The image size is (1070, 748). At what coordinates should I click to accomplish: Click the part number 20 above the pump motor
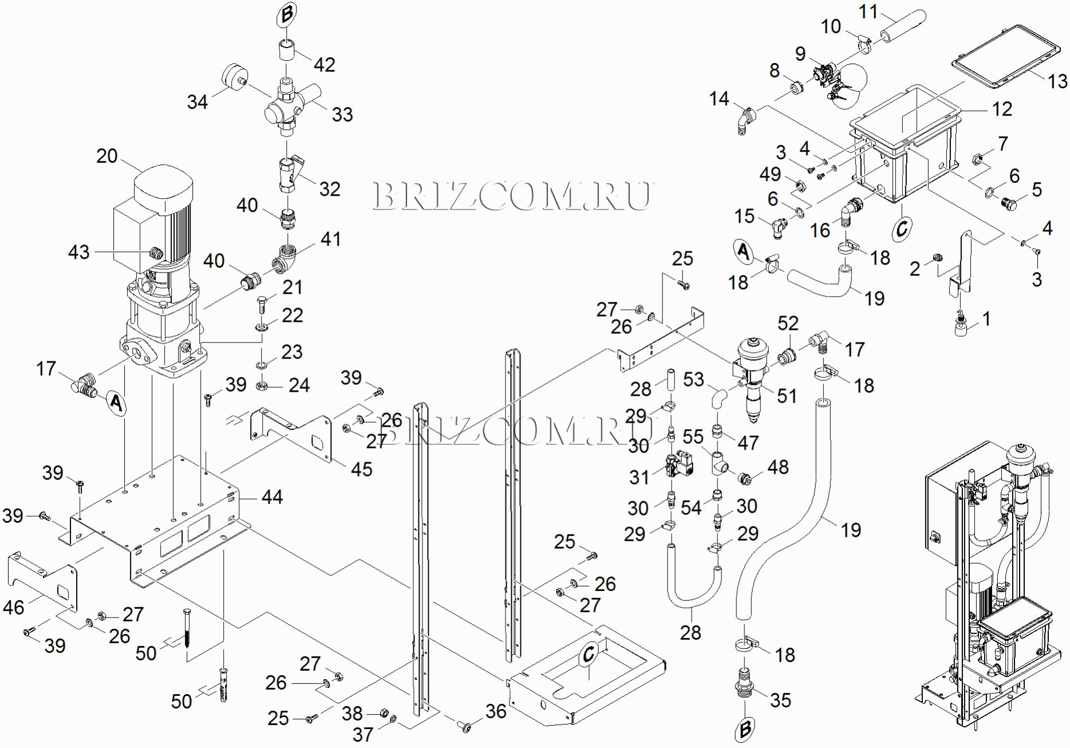[x=107, y=156]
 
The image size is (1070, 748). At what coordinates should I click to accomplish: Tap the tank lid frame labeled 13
[x=1005, y=56]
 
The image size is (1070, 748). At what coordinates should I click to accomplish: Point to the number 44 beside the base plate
[x=272, y=497]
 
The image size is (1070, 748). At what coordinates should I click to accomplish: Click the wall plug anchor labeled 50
[x=223, y=686]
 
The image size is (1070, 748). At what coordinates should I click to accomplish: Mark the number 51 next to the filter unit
[x=787, y=395]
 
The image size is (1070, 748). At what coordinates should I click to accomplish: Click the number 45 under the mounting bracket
[x=361, y=469]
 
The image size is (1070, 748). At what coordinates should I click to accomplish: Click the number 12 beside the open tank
[x=1002, y=109]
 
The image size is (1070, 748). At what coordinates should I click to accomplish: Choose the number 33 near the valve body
[x=342, y=114]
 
